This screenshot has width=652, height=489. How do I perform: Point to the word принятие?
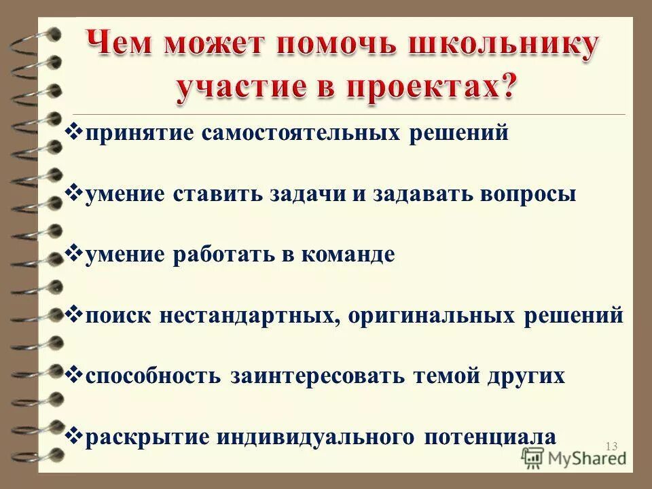tap(139, 134)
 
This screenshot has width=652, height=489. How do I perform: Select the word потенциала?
tap(490, 437)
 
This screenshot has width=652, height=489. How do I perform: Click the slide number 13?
tap(611, 446)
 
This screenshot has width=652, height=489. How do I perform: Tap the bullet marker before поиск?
tap(75, 312)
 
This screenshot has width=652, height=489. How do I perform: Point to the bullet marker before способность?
tap(75, 373)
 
